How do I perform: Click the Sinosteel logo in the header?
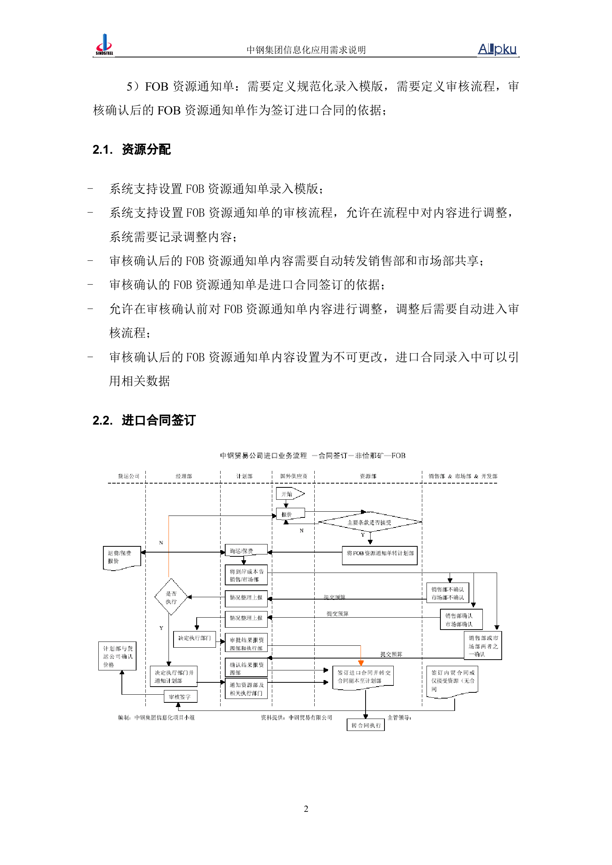(104, 45)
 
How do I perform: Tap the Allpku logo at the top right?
(497, 49)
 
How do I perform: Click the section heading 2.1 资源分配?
(132, 149)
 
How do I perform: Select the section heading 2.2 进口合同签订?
(144, 420)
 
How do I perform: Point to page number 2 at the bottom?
(306, 809)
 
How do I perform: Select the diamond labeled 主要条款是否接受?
(369, 522)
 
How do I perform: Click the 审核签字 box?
(180, 697)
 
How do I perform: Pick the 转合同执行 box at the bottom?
(366, 725)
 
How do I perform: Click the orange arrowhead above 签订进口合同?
(361, 663)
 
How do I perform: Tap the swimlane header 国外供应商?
(293, 476)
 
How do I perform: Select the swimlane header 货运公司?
(128, 476)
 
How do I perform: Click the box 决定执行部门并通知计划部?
(174, 677)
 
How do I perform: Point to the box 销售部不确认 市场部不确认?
(447, 593)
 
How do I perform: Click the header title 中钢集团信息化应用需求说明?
(306, 50)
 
